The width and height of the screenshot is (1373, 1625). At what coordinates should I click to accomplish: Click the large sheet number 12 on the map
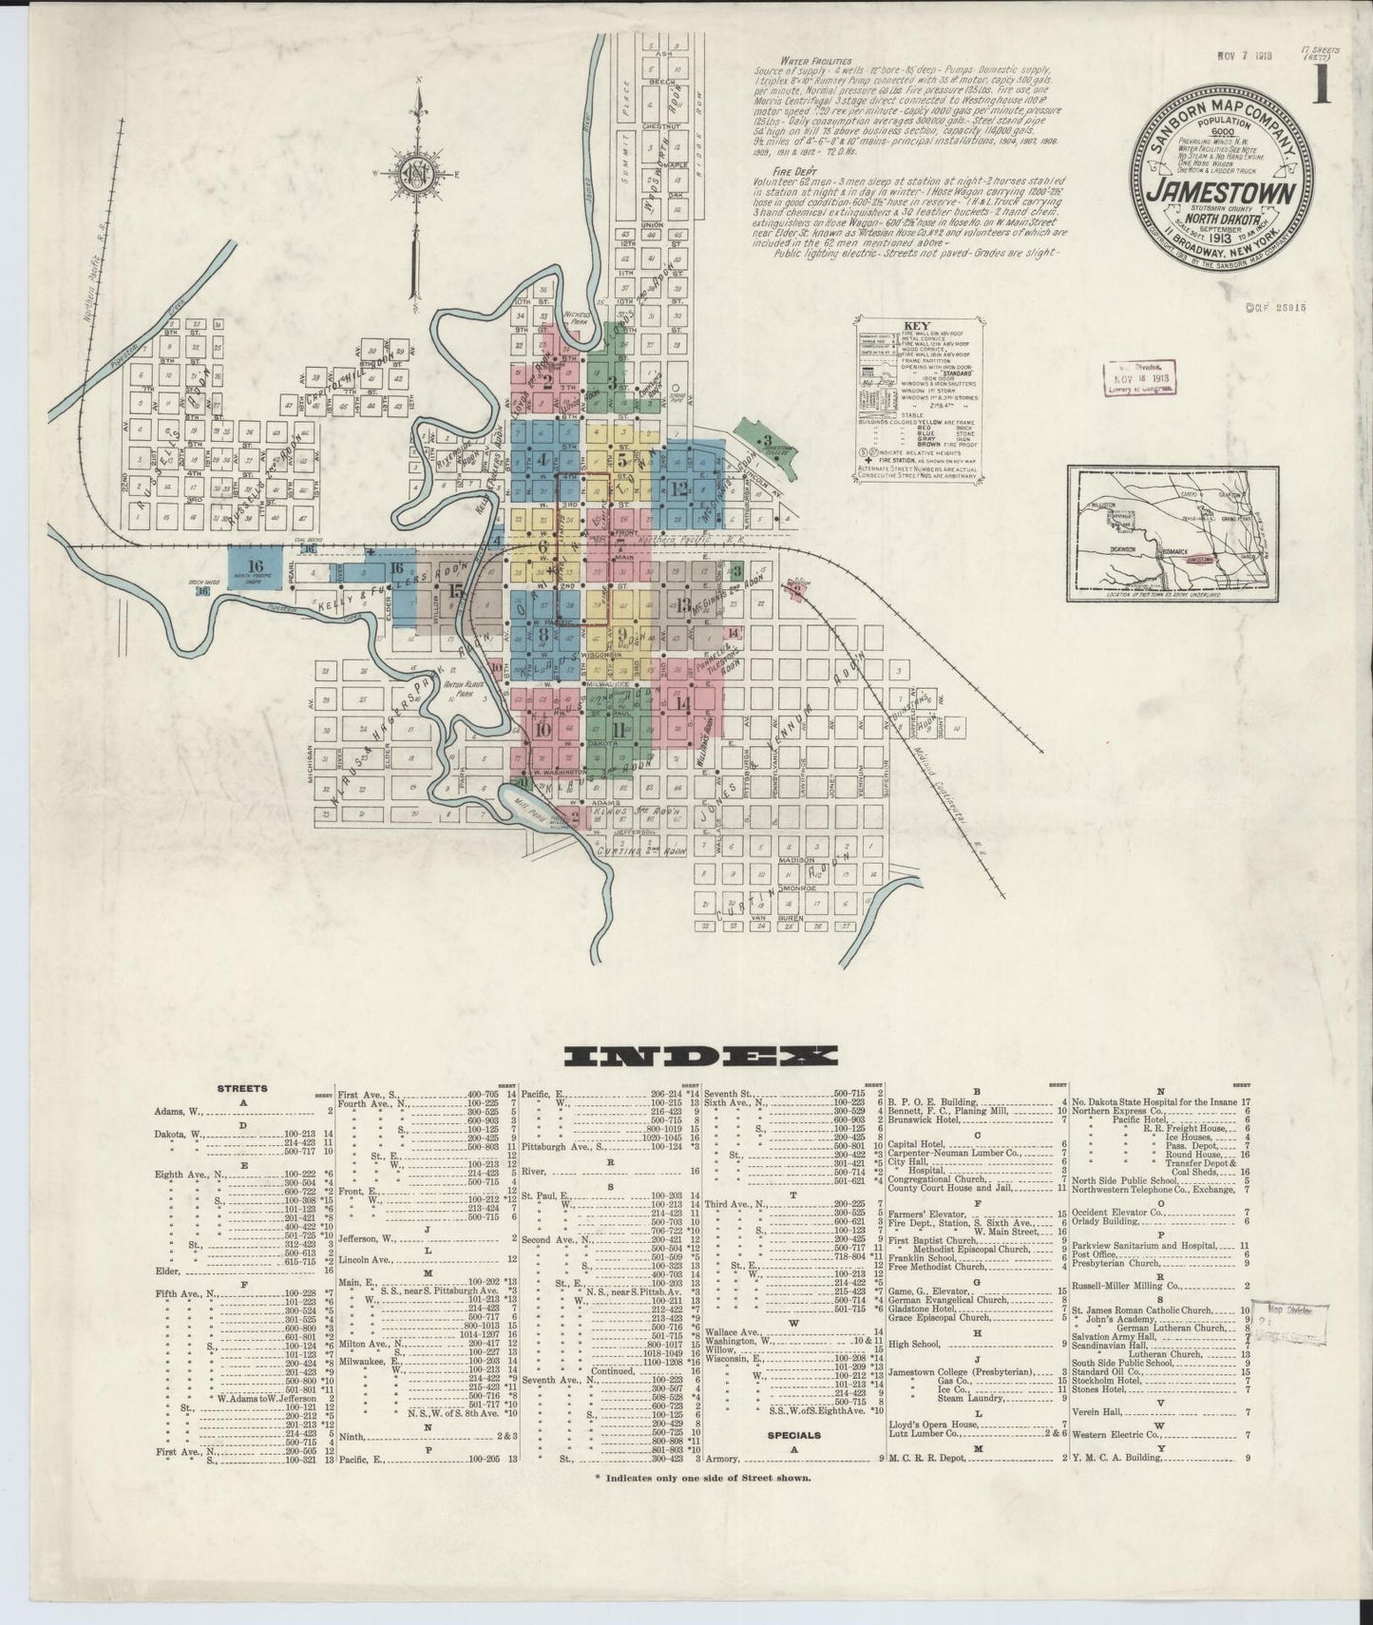pos(678,489)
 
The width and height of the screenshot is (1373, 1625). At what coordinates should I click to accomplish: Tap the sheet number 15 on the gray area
pos(457,592)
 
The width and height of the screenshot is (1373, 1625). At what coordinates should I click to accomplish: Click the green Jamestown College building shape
pos(767,447)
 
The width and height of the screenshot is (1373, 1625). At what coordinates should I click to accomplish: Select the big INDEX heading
pos(700,1056)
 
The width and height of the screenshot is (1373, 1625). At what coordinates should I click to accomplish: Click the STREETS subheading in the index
pos(241,1090)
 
